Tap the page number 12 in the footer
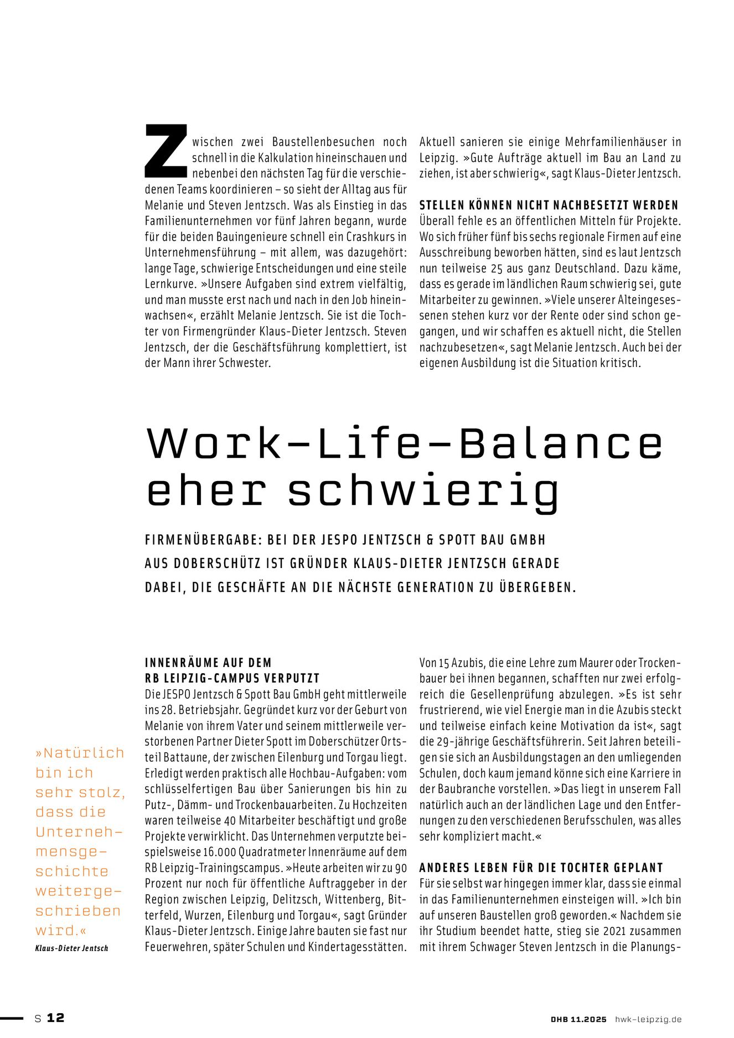click(55, 1018)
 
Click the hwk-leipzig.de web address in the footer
click(648, 1019)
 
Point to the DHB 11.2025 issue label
click(578, 1019)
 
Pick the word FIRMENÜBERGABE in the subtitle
click(202, 540)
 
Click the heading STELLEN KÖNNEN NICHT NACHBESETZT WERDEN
click(549, 205)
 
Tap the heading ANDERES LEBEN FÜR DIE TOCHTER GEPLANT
click(541, 867)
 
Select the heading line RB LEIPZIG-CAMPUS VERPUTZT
click(232, 678)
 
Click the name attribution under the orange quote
click(71, 948)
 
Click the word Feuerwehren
click(176, 947)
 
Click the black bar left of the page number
click(12, 1018)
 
